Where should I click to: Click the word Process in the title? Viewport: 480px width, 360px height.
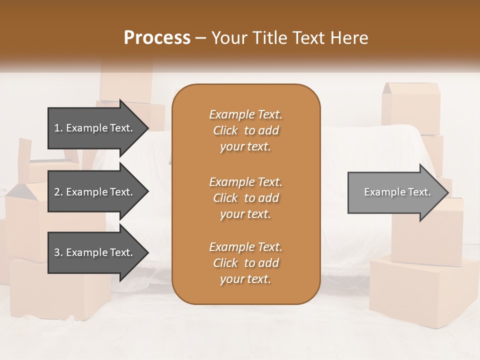tap(157, 38)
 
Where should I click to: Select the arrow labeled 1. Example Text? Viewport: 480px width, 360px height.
tap(95, 128)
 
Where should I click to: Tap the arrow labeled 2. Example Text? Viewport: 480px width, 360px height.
tap(95, 192)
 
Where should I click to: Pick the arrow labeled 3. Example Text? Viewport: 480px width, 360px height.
tap(95, 252)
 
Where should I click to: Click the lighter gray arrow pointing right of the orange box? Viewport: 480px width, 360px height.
tap(395, 192)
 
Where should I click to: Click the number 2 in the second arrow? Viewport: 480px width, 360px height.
tap(57, 192)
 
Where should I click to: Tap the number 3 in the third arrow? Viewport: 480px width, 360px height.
tap(57, 252)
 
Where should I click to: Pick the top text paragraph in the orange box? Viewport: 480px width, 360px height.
tap(245, 130)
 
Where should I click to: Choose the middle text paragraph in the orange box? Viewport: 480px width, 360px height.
tap(245, 197)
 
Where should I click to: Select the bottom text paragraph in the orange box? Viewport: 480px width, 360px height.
tap(245, 263)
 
